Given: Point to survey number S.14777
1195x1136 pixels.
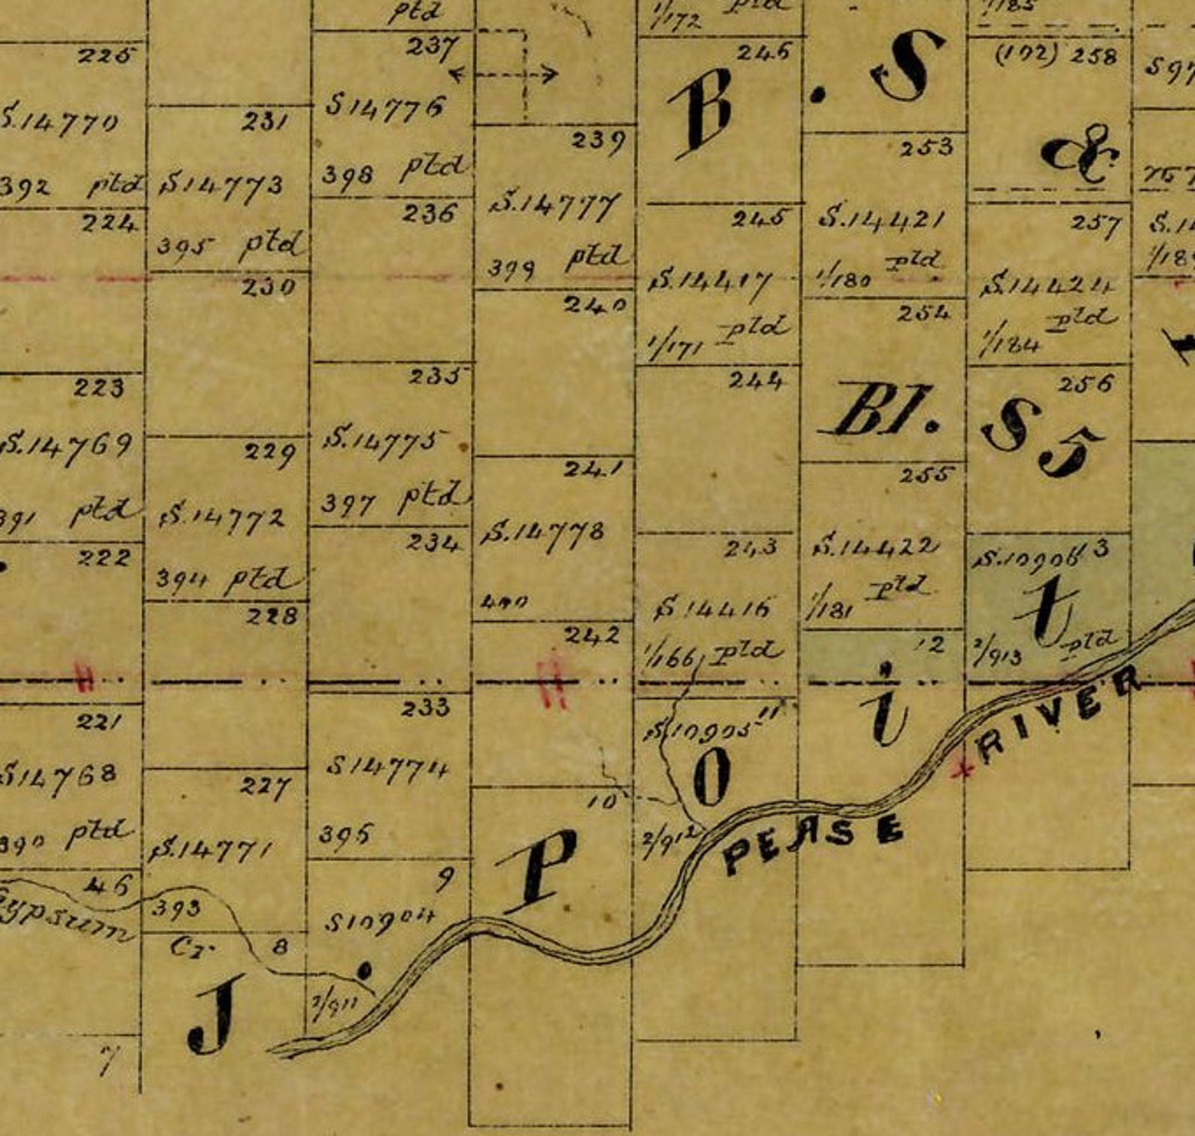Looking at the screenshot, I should [x=555, y=203].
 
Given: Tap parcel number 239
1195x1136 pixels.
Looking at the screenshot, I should [x=598, y=140].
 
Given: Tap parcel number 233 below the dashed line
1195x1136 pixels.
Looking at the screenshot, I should [x=425, y=706].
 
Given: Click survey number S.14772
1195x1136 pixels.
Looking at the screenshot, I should [x=221, y=517].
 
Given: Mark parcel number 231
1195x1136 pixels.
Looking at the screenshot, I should [x=264, y=121].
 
